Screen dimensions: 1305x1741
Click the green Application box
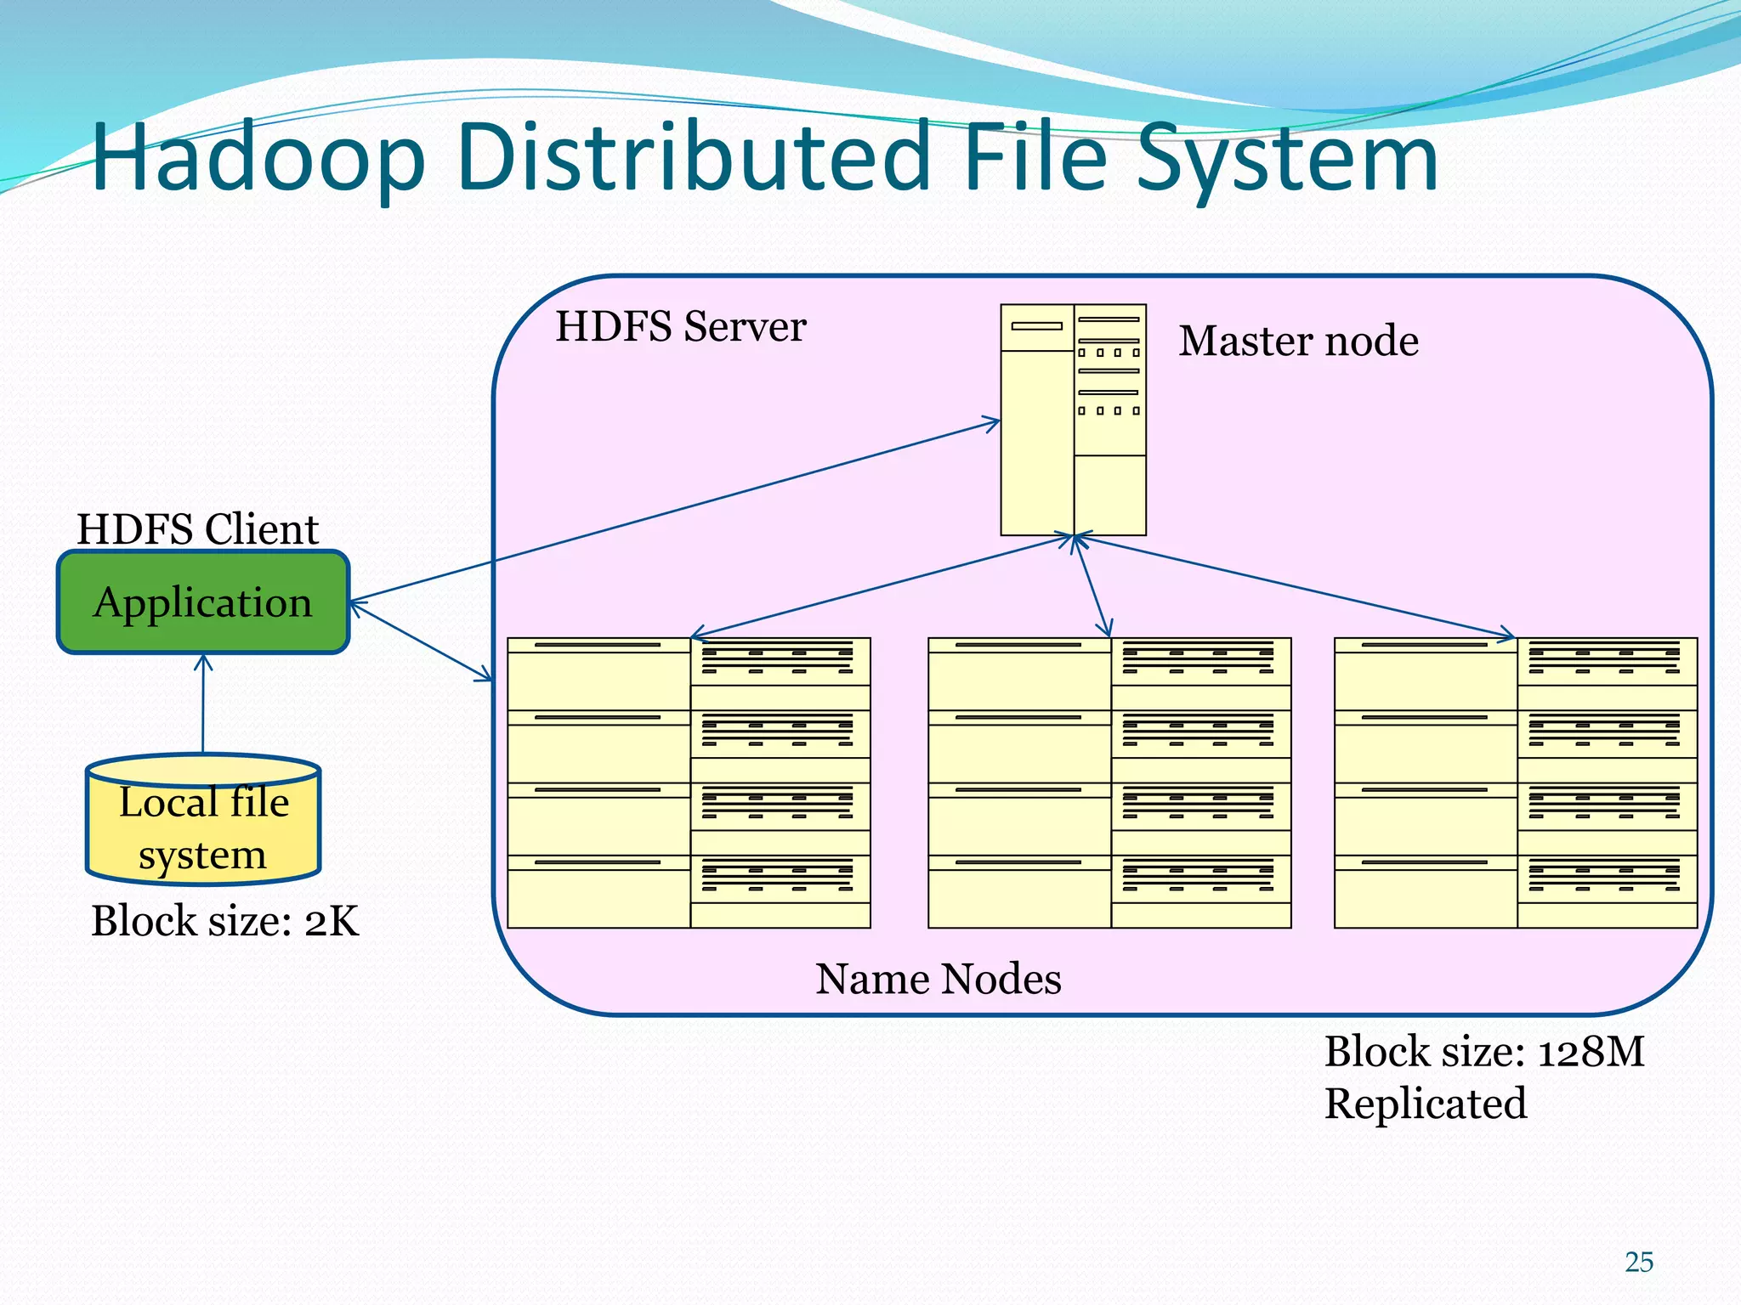click(x=203, y=602)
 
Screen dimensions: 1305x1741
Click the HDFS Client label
click(x=197, y=529)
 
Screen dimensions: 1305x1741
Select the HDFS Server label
click(x=680, y=327)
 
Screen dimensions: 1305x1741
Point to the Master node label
click(x=1298, y=341)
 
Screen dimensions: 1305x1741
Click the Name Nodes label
click(x=938, y=979)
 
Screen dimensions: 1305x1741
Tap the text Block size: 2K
click(x=224, y=921)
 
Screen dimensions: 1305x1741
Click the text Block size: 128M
click(x=1483, y=1052)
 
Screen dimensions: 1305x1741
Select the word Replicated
click(x=1426, y=1104)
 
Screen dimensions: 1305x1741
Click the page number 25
click(x=1638, y=1262)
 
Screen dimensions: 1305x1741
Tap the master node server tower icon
click(x=1073, y=420)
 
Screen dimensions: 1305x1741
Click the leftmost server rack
click(x=689, y=782)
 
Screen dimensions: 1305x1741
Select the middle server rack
click(x=1109, y=782)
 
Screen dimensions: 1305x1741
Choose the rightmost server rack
click(x=1516, y=782)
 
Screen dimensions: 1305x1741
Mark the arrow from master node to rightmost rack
click(x=1292, y=585)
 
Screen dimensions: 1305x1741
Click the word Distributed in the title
click(x=693, y=159)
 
